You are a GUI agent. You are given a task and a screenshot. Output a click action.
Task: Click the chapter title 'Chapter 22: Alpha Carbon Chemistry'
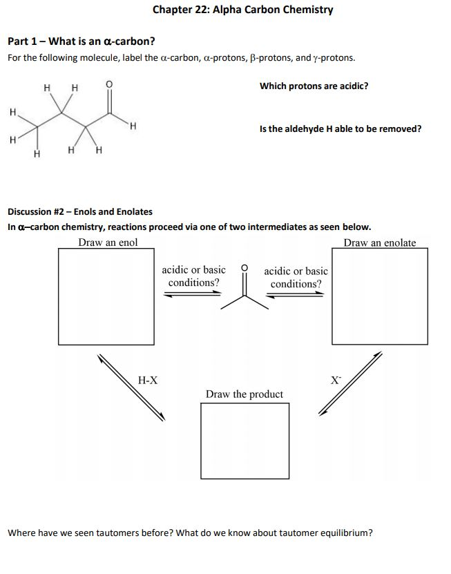(x=242, y=10)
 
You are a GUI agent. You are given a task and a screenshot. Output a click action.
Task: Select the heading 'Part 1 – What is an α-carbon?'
(x=81, y=41)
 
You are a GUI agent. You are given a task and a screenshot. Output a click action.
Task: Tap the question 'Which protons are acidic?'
(x=314, y=86)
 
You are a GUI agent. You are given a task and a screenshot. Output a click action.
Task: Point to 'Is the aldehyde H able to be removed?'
(x=340, y=128)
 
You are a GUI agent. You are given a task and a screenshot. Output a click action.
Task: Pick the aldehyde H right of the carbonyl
(x=133, y=126)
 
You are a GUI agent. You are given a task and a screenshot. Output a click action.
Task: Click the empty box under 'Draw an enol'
(x=106, y=295)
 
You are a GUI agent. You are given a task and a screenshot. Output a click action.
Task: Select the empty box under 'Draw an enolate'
(x=379, y=295)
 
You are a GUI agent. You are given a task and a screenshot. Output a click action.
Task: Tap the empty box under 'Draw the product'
(x=244, y=440)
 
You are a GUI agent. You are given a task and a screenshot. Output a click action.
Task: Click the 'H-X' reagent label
(x=148, y=380)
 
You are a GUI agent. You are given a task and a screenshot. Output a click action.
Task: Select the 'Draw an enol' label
(x=108, y=242)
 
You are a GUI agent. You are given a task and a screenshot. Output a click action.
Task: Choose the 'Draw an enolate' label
(x=380, y=242)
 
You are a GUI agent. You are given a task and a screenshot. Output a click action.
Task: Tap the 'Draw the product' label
(x=244, y=394)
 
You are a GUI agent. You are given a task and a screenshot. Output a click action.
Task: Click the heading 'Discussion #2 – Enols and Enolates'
(x=79, y=211)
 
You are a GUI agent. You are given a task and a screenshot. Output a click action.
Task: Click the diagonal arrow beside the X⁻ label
(x=350, y=383)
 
